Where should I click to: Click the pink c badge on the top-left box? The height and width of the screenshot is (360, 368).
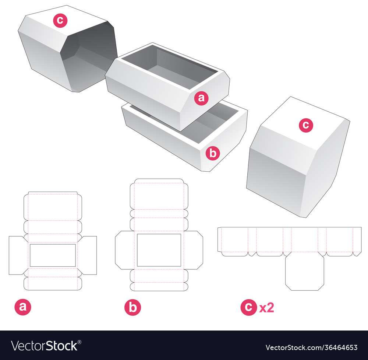coord(60,21)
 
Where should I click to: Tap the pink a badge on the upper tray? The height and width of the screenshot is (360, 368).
coord(201,98)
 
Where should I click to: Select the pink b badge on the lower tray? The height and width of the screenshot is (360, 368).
coord(213,153)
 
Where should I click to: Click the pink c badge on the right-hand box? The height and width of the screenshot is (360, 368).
coord(306,125)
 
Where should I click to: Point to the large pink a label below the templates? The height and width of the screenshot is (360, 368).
coord(23,307)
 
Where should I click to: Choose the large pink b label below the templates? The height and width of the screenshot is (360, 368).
coord(132,307)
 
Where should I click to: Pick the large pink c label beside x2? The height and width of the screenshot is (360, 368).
coord(248,307)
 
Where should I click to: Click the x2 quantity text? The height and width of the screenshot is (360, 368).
coord(267,308)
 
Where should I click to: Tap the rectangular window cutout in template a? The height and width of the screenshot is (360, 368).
coord(53,255)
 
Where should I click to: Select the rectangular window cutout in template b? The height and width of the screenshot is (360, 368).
coord(159,250)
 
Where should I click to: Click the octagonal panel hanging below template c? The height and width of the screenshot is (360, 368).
coord(305,273)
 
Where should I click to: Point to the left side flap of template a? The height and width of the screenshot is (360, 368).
coord(17,255)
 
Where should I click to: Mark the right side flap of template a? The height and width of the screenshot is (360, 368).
coord(89,255)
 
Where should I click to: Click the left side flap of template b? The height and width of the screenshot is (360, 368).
coord(123,250)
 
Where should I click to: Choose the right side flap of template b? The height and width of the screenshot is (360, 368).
coord(195,250)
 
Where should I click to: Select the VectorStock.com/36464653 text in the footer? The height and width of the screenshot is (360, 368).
coord(311,347)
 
